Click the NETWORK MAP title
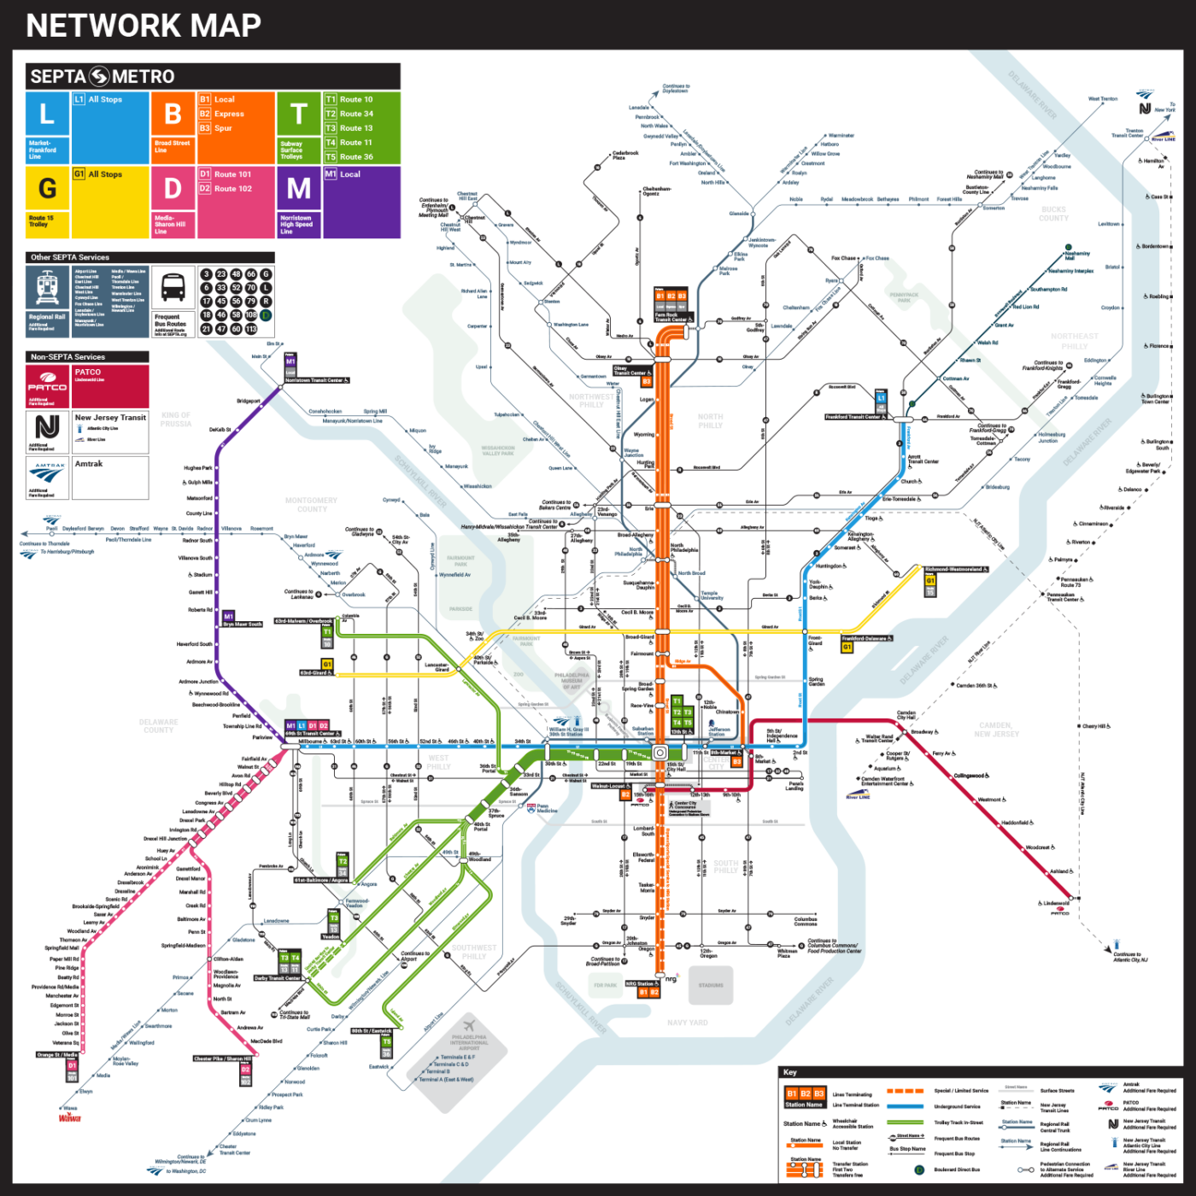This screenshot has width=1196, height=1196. coord(144,26)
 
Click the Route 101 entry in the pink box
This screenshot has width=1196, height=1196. coord(232,174)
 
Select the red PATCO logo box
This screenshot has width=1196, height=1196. coord(47,386)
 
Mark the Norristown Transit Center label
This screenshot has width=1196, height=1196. coord(316,380)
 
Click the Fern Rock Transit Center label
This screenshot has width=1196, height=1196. coord(671,317)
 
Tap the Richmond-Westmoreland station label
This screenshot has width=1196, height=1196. coord(956,569)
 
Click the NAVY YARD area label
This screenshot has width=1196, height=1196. coord(687,1023)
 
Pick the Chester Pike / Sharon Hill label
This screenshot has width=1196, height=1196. coord(222,1058)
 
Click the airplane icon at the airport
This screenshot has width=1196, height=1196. coord(468,1025)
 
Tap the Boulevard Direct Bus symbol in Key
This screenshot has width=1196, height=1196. coord(919,1170)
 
